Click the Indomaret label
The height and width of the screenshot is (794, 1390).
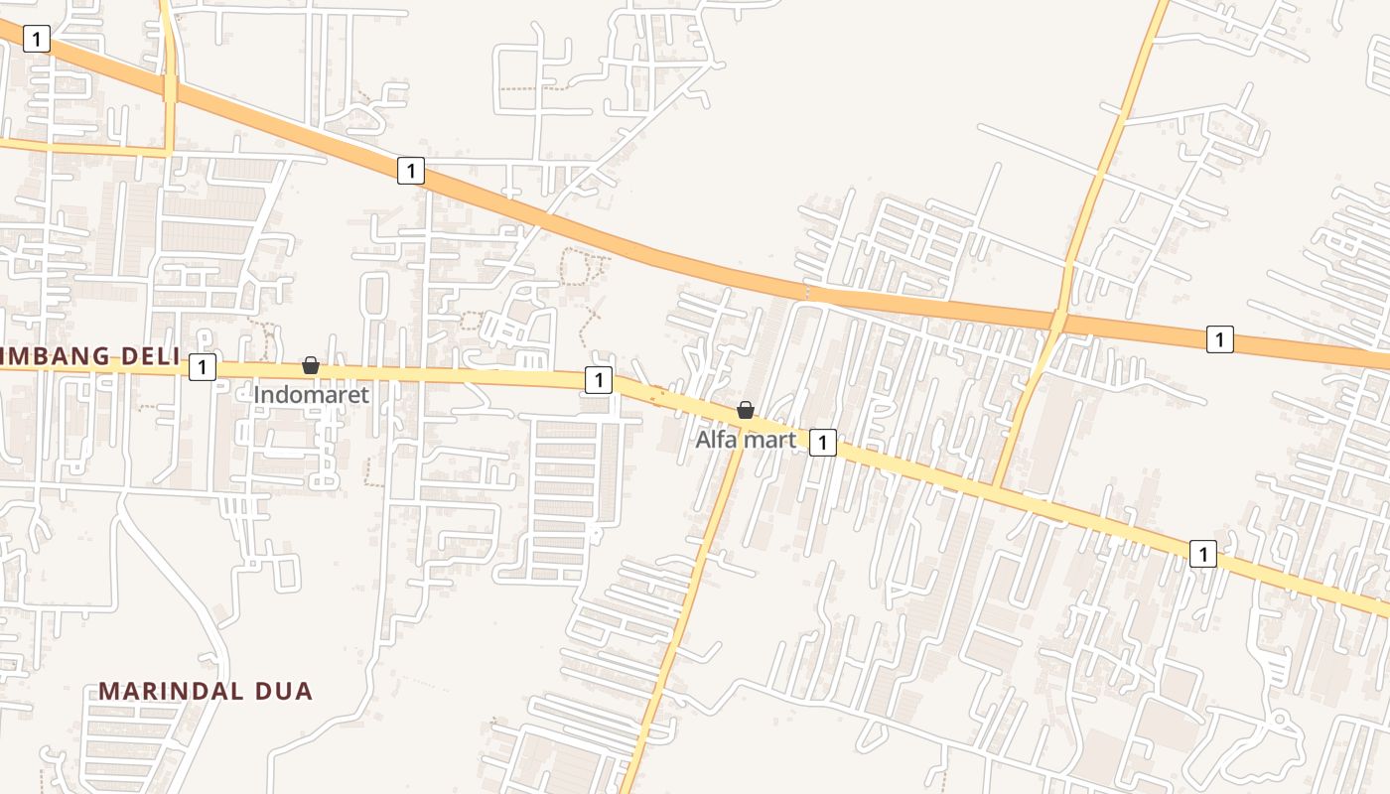click(311, 395)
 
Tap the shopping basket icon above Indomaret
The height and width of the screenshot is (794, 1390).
click(311, 365)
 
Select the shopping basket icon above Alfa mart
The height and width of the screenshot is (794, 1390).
click(746, 410)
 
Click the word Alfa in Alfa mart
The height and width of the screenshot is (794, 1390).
click(714, 439)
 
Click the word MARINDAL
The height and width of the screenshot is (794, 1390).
click(175, 692)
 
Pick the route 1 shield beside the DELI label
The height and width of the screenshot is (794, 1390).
click(203, 367)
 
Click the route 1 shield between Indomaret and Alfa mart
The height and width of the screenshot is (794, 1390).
click(598, 380)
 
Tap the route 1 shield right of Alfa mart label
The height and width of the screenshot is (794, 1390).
click(823, 443)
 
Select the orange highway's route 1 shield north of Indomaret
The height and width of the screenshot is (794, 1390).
click(411, 171)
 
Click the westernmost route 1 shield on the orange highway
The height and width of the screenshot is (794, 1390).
click(37, 39)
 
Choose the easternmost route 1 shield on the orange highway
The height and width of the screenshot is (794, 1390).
click(1220, 338)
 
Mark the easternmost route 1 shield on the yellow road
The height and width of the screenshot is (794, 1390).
click(1203, 554)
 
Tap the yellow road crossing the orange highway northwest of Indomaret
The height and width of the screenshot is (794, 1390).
click(171, 89)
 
